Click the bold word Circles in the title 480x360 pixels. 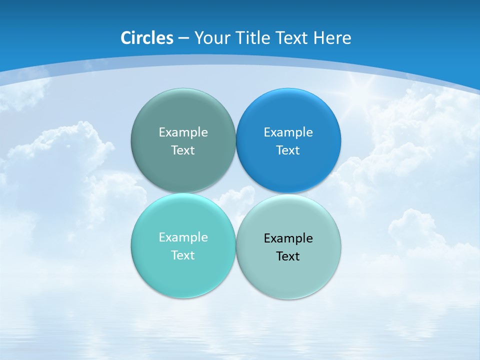147,38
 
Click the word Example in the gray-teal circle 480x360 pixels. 183,132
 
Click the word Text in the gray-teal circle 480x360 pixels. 183,150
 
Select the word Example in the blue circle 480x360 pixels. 288,132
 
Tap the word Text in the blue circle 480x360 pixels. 288,150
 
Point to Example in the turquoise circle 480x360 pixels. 183,237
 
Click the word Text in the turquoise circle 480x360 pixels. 183,255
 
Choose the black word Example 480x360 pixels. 288,238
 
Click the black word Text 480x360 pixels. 288,256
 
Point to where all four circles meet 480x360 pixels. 236,193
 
